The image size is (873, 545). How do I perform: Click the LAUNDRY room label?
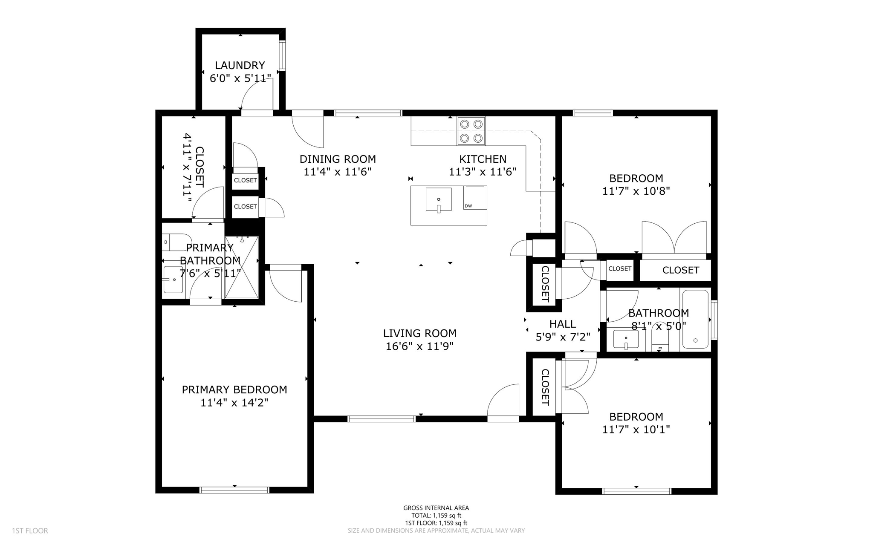pyautogui.click(x=240, y=65)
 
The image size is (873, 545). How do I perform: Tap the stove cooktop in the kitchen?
pyautogui.click(x=471, y=131)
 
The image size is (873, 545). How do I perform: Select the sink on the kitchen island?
pyautogui.click(x=439, y=199)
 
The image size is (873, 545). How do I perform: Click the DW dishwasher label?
pyautogui.click(x=468, y=206)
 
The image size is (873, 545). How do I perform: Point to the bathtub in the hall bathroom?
pyautogui.click(x=695, y=319)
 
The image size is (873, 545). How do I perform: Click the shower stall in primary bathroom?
pyautogui.click(x=242, y=267)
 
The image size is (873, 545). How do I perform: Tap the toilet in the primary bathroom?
pyautogui.click(x=176, y=242)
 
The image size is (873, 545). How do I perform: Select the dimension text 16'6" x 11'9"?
pyautogui.click(x=419, y=346)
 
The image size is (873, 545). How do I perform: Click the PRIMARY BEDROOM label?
pyautogui.click(x=234, y=389)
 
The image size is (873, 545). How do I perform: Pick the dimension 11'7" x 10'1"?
pyautogui.click(x=636, y=430)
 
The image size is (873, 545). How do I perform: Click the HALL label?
pyautogui.click(x=563, y=324)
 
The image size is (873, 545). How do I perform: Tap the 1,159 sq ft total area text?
pyautogui.click(x=436, y=516)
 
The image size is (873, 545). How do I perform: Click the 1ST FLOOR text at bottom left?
pyautogui.click(x=30, y=531)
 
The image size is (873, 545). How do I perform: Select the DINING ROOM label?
pyautogui.click(x=338, y=159)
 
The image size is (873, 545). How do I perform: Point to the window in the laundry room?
pyautogui.click(x=282, y=55)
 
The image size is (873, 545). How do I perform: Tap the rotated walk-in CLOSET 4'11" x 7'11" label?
pyautogui.click(x=194, y=167)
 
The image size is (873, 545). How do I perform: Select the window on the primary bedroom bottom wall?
pyautogui.click(x=234, y=490)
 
